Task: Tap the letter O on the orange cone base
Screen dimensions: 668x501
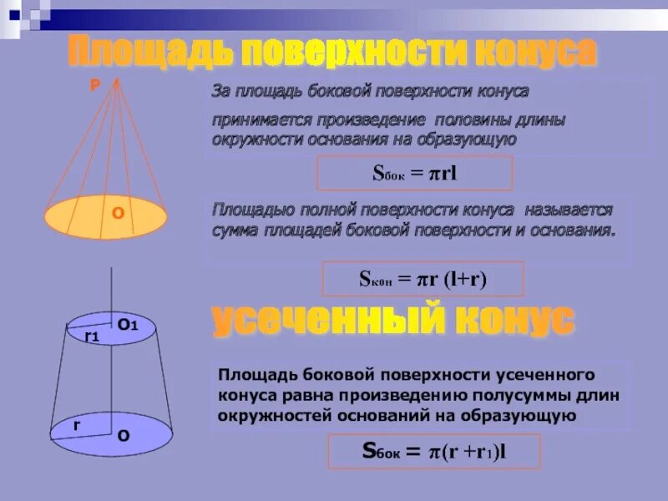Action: [119, 214]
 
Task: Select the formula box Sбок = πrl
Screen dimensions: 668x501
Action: [414, 173]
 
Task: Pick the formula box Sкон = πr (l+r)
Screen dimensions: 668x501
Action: [423, 279]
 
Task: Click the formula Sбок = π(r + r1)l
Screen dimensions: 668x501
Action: [434, 451]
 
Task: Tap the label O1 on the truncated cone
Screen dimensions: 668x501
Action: [128, 324]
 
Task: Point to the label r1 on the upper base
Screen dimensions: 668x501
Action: [92, 337]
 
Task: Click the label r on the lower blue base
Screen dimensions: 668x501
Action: [76, 425]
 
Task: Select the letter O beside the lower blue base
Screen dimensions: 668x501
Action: [124, 435]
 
